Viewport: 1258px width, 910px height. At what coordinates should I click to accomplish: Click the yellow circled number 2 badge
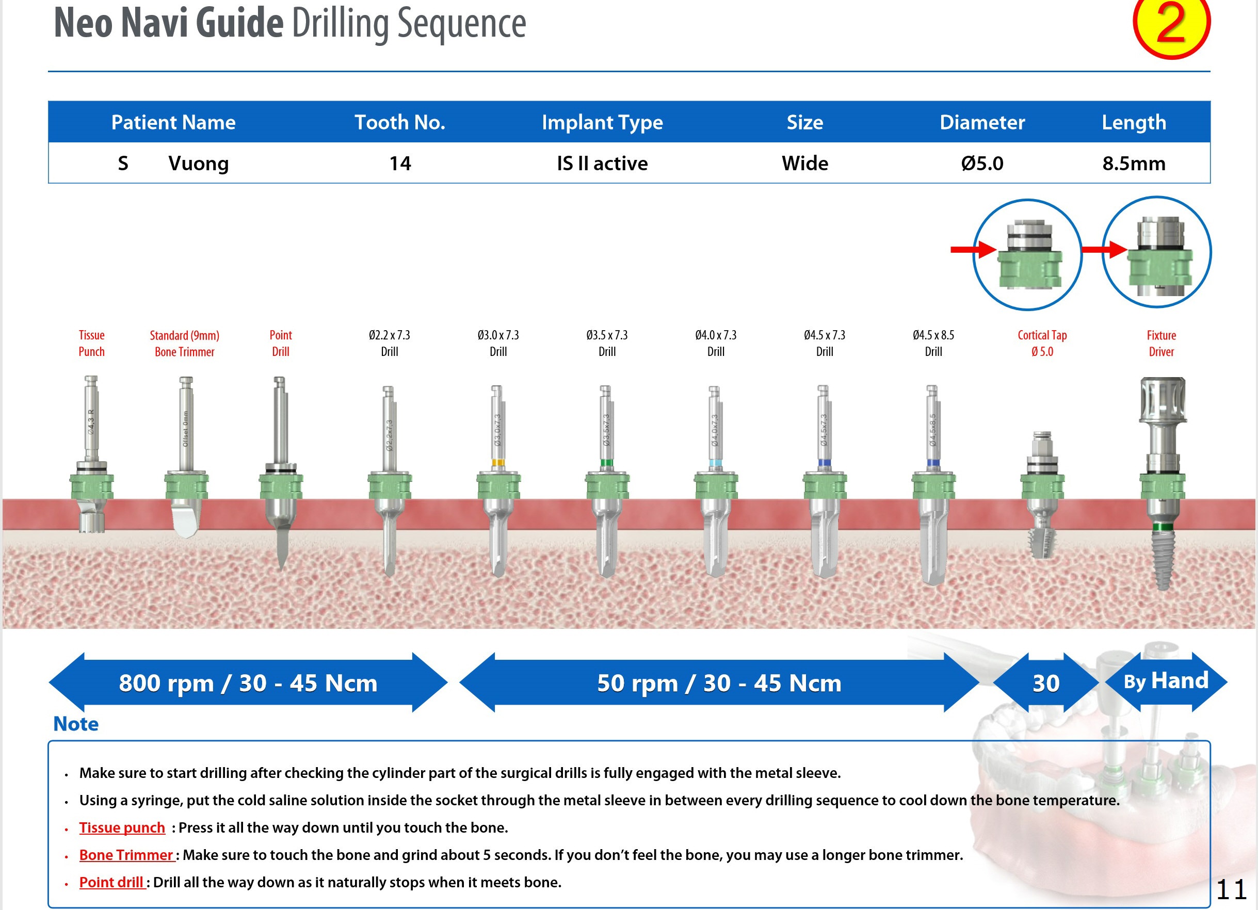tap(1171, 25)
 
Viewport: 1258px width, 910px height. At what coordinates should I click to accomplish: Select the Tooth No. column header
tap(400, 122)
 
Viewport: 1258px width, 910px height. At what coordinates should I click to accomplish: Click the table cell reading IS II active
tap(602, 164)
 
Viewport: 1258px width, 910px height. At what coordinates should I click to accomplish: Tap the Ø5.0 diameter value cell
tap(982, 164)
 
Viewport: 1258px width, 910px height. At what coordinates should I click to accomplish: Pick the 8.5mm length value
tap(1133, 164)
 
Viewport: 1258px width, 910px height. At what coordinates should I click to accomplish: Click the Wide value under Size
tap(804, 164)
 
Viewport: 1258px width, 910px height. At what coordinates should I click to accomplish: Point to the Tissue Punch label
tap(91, 343)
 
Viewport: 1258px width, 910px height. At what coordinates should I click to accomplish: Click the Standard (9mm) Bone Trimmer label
tap(185, 343)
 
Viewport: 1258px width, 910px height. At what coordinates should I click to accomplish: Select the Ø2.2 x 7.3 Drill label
tap(390, 343)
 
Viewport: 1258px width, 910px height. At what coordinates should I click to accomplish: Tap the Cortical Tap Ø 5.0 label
tap(1042, 343)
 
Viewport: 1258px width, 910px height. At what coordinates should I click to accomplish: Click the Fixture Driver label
tap(1161, 343)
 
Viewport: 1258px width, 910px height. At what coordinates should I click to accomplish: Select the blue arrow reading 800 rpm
tap(248, 683)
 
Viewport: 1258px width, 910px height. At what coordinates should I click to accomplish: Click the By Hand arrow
tap(1165, 681)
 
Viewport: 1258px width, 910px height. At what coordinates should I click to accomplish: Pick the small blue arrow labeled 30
tap(1045, 683)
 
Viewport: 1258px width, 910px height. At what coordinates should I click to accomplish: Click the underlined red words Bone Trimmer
tap(126, 855)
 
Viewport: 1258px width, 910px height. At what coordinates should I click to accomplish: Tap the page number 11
tap(1231, 890)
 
